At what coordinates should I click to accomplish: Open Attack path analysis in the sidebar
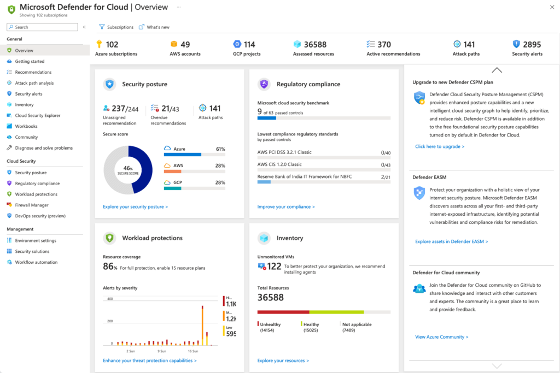tap(34, 83)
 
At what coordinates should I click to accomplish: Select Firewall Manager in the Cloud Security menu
tap(31, 205)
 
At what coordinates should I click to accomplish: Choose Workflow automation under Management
tap(36, 262)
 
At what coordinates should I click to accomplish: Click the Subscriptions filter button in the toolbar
tap(116, 27)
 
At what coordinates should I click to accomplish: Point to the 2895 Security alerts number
tap(532, 45)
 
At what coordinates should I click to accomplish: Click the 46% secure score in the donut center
tap(128, 169)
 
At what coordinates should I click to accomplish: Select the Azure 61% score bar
tap(194, 155)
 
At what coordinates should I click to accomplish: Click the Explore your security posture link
tap(135, 207)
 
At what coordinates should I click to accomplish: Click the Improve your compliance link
tap(286, 207)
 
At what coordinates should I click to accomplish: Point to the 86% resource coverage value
tap(110, 267)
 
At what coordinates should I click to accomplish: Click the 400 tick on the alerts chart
tap(109, 299)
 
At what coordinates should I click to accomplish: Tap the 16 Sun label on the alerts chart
tap(192, 351)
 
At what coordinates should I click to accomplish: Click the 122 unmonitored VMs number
tap(274, 266)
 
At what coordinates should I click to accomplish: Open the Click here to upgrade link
tap(440, 146)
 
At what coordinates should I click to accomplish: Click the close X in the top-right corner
tap(551, 7)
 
